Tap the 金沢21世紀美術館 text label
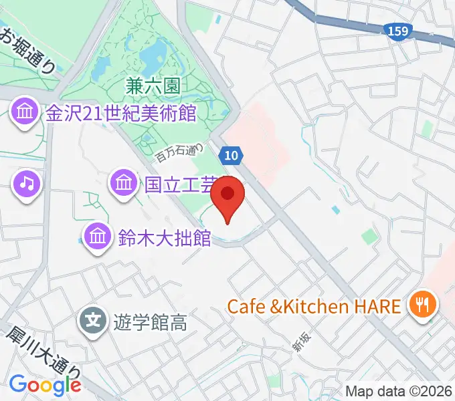pyautogui.click(x=120, y=113)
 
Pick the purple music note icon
pyautogui.click(x=26, y=182)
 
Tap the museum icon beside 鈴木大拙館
pyautogui.click(x=98, y=237)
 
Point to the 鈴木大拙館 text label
pyautogui.click(x=165, y=237)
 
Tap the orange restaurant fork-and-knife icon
pyautogui.click(x=422, y=305)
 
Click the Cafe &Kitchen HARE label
pyautogui.click(x=314, y=307)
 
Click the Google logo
pyautogui.click(x=45, y=384)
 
